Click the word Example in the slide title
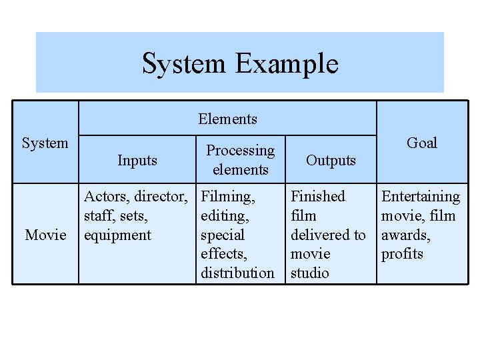coord(287,64)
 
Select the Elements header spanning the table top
coord(227,119)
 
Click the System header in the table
coord(45,143)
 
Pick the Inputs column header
coord(137,160)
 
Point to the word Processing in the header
coord(240,151)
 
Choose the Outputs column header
coord(331,160)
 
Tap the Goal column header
coord(421,143)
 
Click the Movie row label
coord(45,235)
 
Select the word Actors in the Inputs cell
coord(107,197)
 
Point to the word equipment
coord(117,235)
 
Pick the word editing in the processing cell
coord(225,216)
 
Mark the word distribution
coord(237,273)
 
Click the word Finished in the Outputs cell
coord(318,197)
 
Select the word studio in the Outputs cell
coord(309,273)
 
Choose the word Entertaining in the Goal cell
coord(421,197)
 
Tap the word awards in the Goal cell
coord(405,235)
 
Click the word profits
coord(402,254)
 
